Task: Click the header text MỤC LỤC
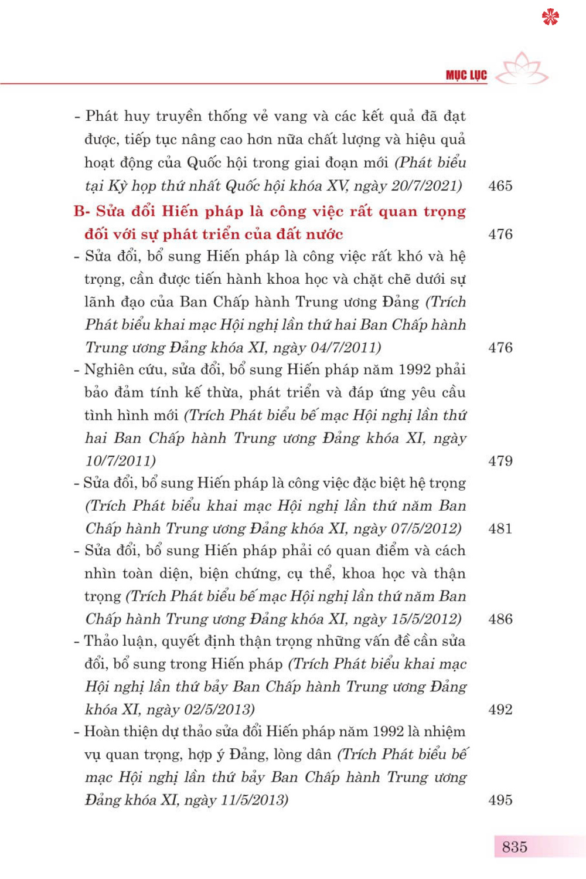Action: (x=466, y=76)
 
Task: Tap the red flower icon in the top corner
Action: (x=550, y=17)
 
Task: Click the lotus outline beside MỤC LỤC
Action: (x=526, y=69)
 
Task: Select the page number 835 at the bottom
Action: (x=515, y=847)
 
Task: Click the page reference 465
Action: (x=500, y=186)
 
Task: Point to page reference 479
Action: (x=500, y=461)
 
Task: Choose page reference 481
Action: (x=500, y=528)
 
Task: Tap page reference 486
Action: (x=500, y=619)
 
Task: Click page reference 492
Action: (x=500, y=710)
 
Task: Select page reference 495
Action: (x=500, y=800)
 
